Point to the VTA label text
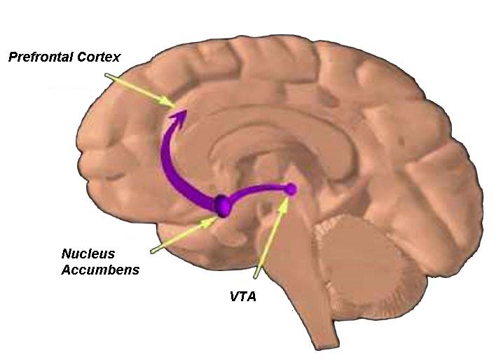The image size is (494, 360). tap(244, 296)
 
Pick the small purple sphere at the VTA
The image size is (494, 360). tap(291, 188)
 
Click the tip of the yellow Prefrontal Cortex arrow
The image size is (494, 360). tap(174, 106)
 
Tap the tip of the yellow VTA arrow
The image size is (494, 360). tap(285, 199)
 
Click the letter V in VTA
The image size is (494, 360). tap(235, 296)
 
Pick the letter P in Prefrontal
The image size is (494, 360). tap(12, 57)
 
